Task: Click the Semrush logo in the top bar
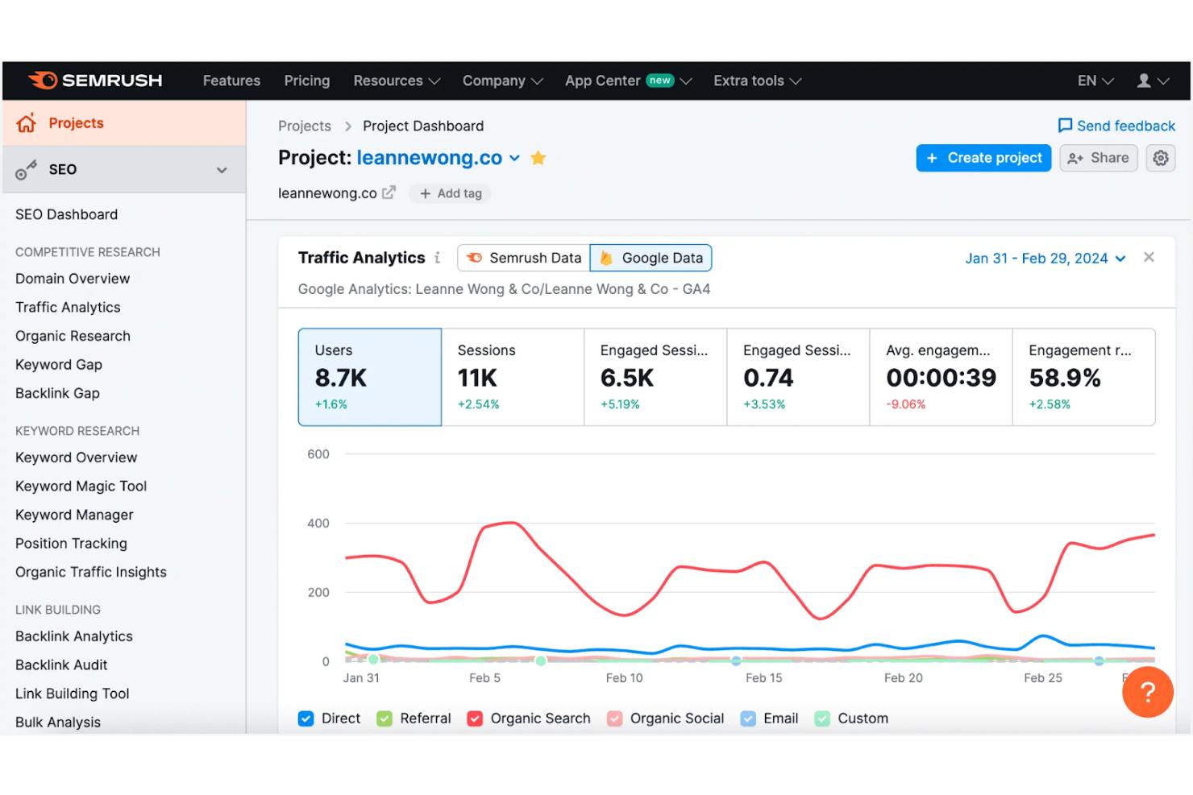(95, 81)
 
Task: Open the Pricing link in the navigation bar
(306, 81)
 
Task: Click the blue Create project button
(983, 158)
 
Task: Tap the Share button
(1098, 158)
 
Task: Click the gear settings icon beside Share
(1160, 158)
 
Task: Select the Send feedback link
(1116, 126)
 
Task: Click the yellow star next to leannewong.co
(538, 158)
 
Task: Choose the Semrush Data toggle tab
(524, 258)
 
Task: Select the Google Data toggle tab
(651, 258)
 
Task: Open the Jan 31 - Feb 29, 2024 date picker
(1045, 259)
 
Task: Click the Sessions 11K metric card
(512, 376)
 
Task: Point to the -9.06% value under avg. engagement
(905, 404)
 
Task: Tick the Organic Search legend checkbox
(476, 718)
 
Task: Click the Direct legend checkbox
(306, 718)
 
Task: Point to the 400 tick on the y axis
(318, 524)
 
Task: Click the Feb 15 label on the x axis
(763, 678)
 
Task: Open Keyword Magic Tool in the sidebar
(81, 486)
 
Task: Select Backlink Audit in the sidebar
(61, 665)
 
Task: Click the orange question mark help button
(1147, 692)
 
